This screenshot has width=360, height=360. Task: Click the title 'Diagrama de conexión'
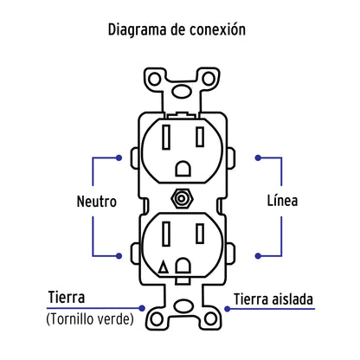click(179, 29)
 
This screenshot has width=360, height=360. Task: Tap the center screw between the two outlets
click(182, 196)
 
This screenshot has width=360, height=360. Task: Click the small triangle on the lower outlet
click(164, 269)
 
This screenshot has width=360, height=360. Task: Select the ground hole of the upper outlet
click(182, 166)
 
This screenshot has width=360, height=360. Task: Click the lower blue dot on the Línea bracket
click(257, 255)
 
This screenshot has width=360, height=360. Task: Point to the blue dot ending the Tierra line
click(145, 305)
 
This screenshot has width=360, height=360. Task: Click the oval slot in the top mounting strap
click(182, 88)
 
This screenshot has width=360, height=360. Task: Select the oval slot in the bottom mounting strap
click(182, 307)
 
